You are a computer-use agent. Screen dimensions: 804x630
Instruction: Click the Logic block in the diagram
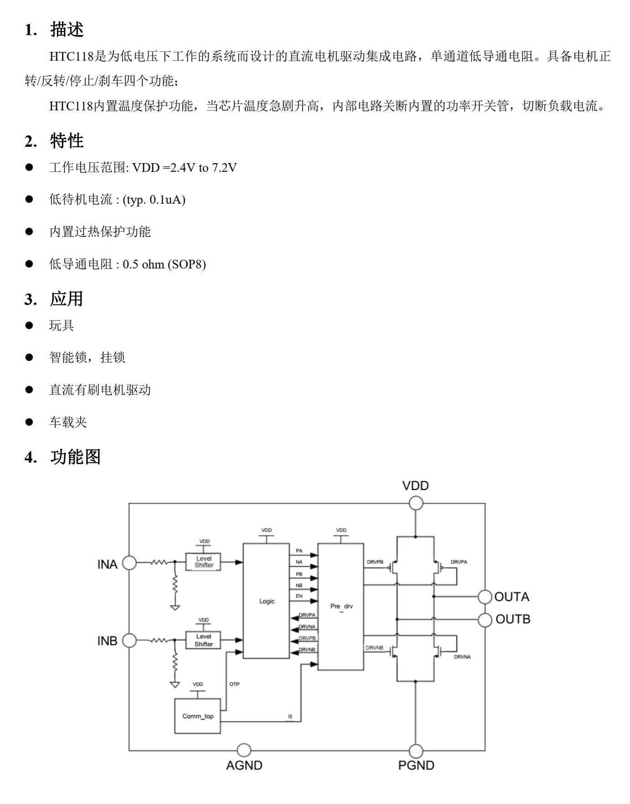pos(266,601)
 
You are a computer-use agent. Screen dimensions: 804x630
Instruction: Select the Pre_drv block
pos(341,606)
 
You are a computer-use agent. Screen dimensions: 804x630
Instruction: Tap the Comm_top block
pos(198,716)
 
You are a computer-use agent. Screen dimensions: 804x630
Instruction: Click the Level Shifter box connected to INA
pos(204,562)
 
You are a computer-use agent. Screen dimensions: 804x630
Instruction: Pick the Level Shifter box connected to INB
pos(203,640)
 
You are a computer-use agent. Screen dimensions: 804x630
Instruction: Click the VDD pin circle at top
pos(416,503)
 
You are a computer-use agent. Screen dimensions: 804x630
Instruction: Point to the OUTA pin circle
pos(485,596)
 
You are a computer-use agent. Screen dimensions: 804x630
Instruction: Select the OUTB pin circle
pos(485,619)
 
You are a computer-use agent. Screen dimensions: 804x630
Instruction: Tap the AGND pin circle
pos(244,750)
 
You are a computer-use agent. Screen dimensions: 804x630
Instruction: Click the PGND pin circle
pos(416,751)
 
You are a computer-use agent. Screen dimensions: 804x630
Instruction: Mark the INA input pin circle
pos(129,563)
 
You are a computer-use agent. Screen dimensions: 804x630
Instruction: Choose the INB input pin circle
pos(129,640)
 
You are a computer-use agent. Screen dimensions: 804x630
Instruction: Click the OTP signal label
pos(234,684)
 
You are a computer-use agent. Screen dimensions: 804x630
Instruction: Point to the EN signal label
pos(299,596)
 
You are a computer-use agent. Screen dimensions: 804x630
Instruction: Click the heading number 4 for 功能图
pos(31,457)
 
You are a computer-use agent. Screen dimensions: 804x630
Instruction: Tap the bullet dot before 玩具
pos(29,325)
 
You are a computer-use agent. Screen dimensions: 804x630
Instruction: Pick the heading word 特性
pos(67,141)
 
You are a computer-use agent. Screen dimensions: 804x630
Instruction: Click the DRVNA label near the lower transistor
pos(462,657)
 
